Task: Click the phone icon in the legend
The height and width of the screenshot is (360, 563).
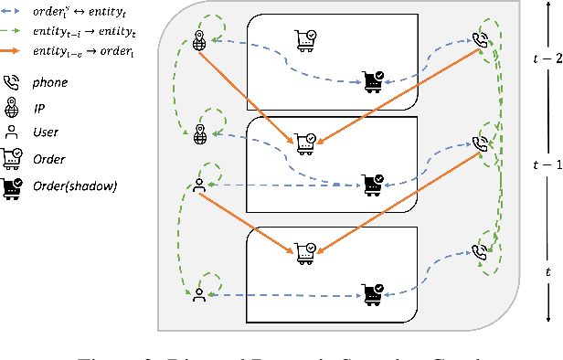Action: pyautogui.click(x=13, y=81)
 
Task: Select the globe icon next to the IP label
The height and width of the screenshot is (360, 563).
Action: pyautogui.click(x=13, y=107)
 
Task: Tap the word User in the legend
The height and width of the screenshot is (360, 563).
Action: pyautogui.click(x=45, y=132)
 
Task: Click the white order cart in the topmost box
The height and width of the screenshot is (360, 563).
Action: pyautogui.click(x=303, y=37)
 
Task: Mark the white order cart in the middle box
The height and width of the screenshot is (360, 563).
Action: pyautogui.click(x=303, y=141)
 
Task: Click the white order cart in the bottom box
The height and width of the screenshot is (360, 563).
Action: pyautogui.click(x=303, y=249)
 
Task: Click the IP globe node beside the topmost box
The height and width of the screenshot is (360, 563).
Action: pyautogui.click(x=201, y=39)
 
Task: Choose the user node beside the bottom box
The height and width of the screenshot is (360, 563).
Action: pyautogui.click(x=200, y=293)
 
